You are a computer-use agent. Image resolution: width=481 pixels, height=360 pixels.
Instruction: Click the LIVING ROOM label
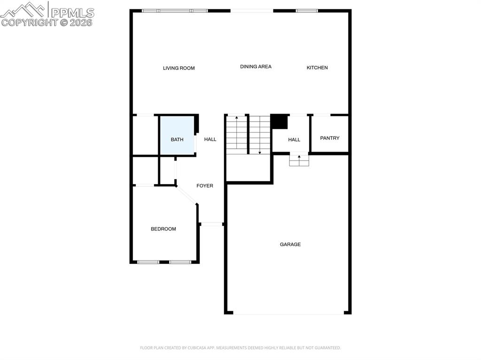point(179,68)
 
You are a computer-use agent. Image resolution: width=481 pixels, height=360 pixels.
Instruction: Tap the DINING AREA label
point(256,67)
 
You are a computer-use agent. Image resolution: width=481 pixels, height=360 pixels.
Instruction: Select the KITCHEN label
point(317,68)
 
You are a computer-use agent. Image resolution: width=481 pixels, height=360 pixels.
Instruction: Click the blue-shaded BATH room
point(178,136)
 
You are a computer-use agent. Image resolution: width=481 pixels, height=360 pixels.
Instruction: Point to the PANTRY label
point(330,138)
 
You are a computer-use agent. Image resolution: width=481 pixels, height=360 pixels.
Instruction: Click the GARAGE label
point(290,245)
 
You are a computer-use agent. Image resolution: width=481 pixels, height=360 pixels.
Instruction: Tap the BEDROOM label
point(163,229)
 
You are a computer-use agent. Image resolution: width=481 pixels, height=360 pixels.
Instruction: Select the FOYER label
point(205,185)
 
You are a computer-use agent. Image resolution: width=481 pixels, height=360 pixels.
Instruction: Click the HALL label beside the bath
point(210,139)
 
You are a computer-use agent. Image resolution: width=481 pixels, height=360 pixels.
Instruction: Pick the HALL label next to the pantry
point(294,139)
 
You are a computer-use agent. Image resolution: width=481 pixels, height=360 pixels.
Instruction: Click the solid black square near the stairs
point(279,122)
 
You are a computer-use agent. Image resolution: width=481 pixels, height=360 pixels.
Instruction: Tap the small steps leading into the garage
point(299,161)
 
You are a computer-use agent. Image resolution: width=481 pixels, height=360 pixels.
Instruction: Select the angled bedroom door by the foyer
point(186,195)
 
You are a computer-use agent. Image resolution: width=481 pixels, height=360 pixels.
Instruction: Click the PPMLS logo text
point(72,13)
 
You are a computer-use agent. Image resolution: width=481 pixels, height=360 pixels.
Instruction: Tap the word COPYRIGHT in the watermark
point(30,23)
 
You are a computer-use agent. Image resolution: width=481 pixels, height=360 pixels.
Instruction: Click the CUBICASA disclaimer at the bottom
point(240,348)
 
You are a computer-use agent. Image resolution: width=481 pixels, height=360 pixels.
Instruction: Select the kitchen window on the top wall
point(307,11)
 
